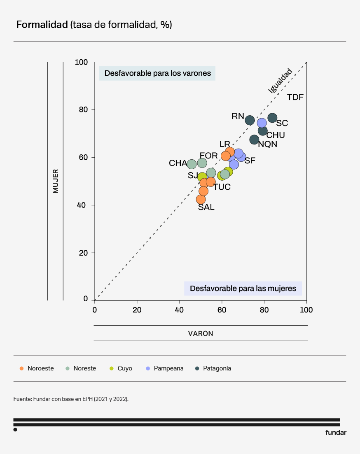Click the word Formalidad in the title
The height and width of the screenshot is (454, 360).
(x=42, y=25)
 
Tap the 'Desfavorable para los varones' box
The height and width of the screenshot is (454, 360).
(x=157, y=73)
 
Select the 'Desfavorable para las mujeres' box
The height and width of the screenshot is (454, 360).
(x=243, y=289)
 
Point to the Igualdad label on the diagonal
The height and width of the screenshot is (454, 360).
(x=280, y=81)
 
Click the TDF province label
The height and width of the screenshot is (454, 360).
(x=295, y=98)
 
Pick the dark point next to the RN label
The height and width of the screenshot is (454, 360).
(x=250, y=120)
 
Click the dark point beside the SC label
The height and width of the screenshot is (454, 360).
(x=272, y=118)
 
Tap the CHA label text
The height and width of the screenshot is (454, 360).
(x=178, y=163)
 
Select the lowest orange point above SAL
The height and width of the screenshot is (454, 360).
(x=201, y=199)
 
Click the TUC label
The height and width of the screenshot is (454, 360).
(x=222, y=187)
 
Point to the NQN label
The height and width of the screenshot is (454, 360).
(x=267, y=144)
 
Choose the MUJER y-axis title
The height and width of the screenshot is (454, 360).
(x=55, y=181)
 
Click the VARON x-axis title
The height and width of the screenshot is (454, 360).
(x=201, y=333)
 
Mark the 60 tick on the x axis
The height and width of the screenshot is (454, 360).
(x=222, y=310)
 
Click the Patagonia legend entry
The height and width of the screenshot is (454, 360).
(x=217, y=368)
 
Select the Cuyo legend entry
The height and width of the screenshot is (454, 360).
(x=125, y=368)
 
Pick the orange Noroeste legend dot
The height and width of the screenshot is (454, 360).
(x=21, y=368)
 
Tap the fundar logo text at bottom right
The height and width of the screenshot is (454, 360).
(x=336, y=433)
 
